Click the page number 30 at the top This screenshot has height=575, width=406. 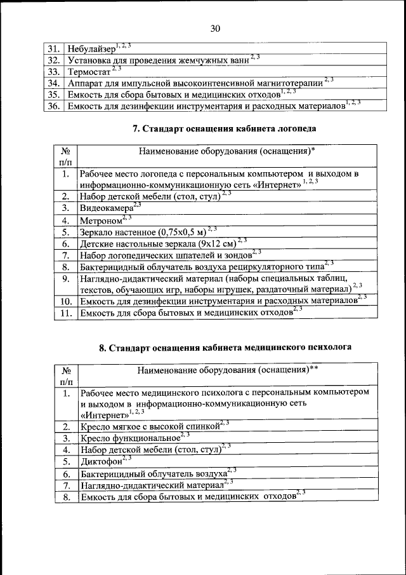[x=214, y=29]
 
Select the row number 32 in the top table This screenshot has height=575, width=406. [x=54, y=60]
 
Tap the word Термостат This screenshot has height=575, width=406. [x=88, y=72]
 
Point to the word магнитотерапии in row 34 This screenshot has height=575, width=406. [x=291, y=83]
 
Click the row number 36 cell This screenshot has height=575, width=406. [x=54, y=106]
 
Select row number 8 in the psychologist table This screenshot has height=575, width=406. [x=65, y=497]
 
